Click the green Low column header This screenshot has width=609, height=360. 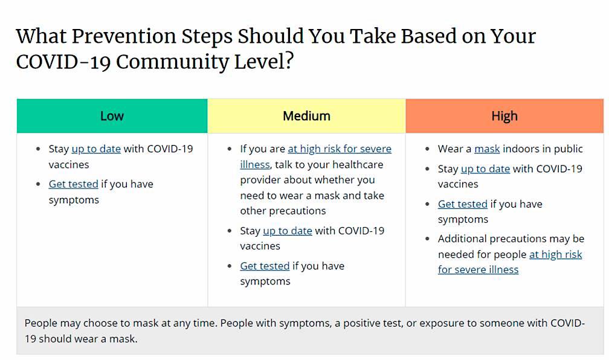(x=112, y=116)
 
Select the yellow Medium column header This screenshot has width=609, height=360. (x=306, y=116)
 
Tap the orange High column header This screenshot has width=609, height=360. (x=504, y=116)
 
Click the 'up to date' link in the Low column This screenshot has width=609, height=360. (x=96, y=149)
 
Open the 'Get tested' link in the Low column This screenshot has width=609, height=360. (x=73, y=184)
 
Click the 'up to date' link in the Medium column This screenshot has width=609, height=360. (x=288, y=231)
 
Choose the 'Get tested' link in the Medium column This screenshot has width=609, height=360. (x=265, y=266)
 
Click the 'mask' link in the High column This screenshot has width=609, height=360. (x=487, y=149)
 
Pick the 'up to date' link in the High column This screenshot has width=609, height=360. (x=485, y=169)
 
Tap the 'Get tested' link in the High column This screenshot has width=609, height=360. (x=462, y=204)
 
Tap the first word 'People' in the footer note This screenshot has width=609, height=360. (x=41, y=323)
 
